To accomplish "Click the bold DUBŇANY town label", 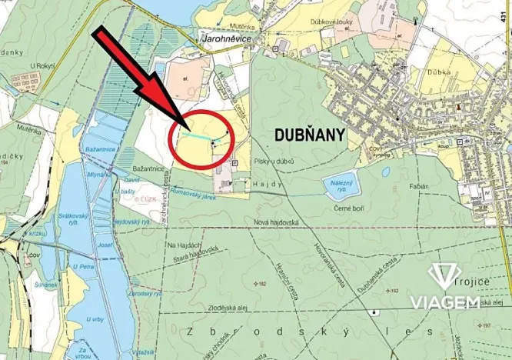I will [x=310, y=135].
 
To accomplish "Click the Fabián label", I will [x=420, y=186].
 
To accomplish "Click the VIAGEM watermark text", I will [x=444, y=302].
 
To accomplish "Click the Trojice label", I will [x=472, y=282].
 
